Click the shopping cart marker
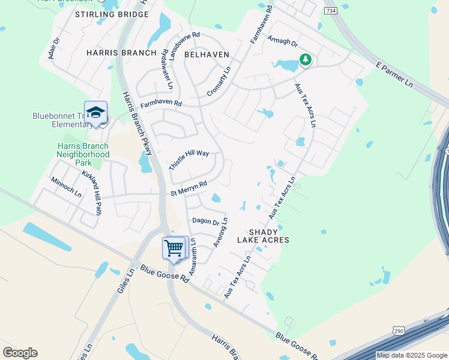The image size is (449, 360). coord(174,247)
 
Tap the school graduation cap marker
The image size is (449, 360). coord(95,112)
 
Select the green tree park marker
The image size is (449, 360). coord(306,60)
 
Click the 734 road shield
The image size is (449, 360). coord(330,11)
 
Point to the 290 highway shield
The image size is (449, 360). coord(399,331)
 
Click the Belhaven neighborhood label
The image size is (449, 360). coord(206,54)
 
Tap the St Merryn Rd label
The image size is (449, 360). coord(188,188)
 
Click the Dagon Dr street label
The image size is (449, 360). coord(205,221)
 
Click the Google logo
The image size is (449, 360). coord(20,353)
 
